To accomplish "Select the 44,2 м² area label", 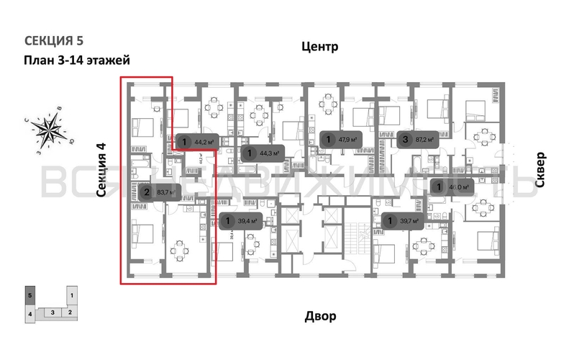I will [x=198, y=142].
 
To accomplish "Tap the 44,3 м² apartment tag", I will [x=262, y=153].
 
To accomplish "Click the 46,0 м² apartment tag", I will [x=452, y=187].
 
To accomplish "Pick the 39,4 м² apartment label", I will [x=241, y=221].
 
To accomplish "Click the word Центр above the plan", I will [x=319, y=48].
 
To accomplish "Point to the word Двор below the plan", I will [x=319, y=315].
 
